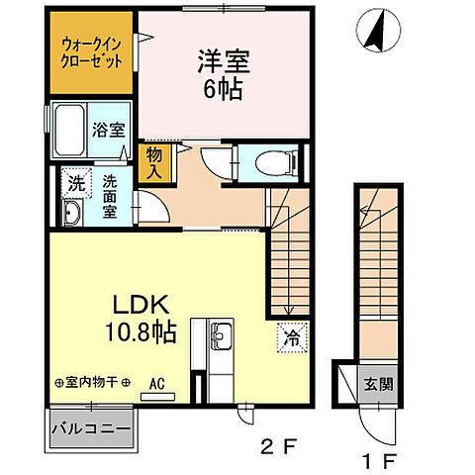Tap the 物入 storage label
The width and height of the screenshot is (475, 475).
(x=155, y=162)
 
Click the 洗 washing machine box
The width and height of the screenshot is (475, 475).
(x=75, y=182)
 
